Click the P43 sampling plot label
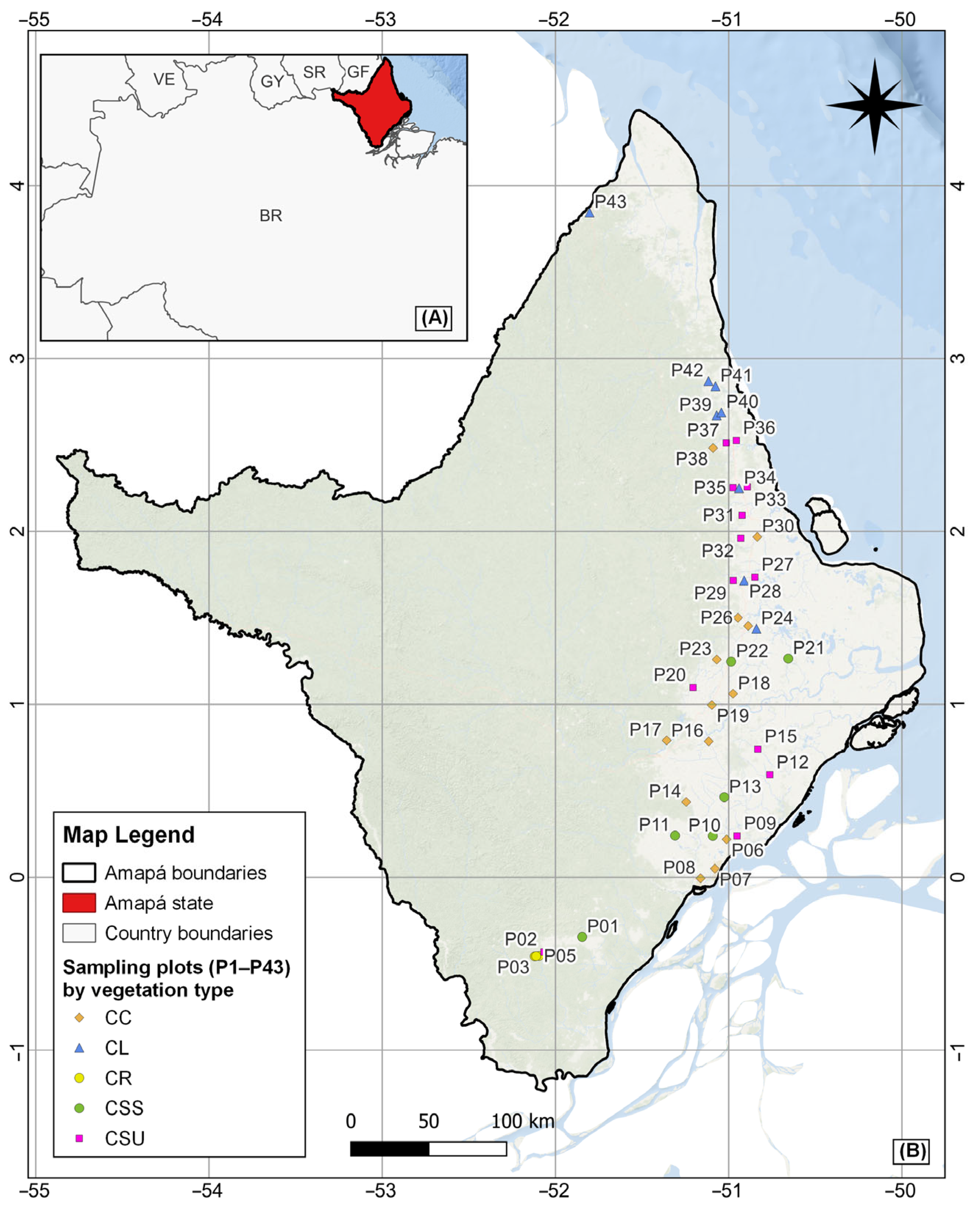[610, 202]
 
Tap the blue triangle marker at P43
[590, 213]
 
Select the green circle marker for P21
[788, 658]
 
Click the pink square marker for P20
[693, 688]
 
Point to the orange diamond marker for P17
[667, 741]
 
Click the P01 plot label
[602, 926]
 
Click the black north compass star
[874, 105]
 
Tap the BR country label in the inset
[271, 216]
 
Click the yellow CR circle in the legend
[79, 1078]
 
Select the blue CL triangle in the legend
[79, 1048]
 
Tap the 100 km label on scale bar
[523, 1121]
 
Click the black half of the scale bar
[390, 1149]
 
